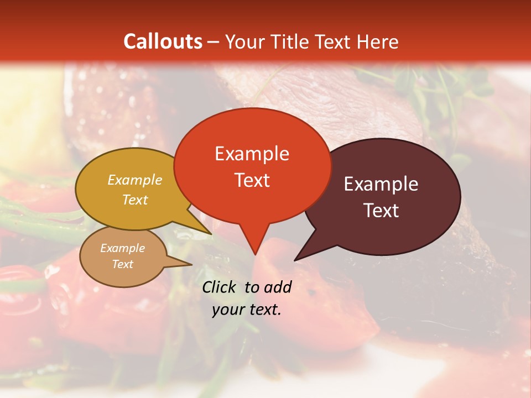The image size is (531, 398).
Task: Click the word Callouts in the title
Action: [x=163, y=41]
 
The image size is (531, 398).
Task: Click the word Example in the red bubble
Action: [x=252, y=154]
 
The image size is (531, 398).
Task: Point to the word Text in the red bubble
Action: [x=252, y=180]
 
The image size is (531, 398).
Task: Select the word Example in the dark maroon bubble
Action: [x=381, y=184]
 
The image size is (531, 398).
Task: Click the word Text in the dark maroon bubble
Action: [x=381, y=210]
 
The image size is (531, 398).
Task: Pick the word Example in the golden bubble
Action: [x=135, y=180]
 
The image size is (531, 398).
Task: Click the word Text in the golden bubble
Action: [x=135, y=200]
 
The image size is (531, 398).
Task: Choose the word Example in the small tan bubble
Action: [x=122, y=248]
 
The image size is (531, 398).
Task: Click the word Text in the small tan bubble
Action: [x=123, y=264]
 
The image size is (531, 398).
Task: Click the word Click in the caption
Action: [x=220, y=287]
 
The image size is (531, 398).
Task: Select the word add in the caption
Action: [x=277, y=287]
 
